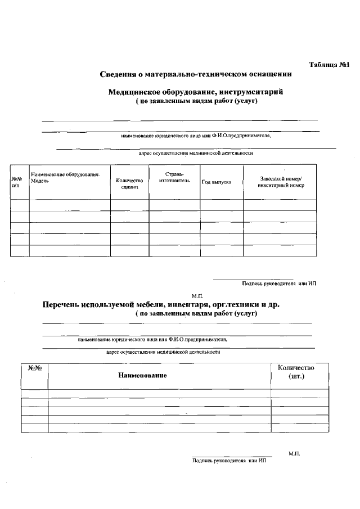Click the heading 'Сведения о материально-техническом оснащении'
coord(195,74)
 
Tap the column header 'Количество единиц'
coord(129,183)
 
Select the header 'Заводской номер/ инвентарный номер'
coord(280,182)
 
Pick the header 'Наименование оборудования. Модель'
coord(65,178)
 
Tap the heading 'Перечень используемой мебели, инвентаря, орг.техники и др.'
coord(161,304)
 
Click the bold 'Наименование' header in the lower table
coord(142,375)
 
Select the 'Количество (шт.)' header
coord(296,371)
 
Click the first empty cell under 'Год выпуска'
coord(222,205)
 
